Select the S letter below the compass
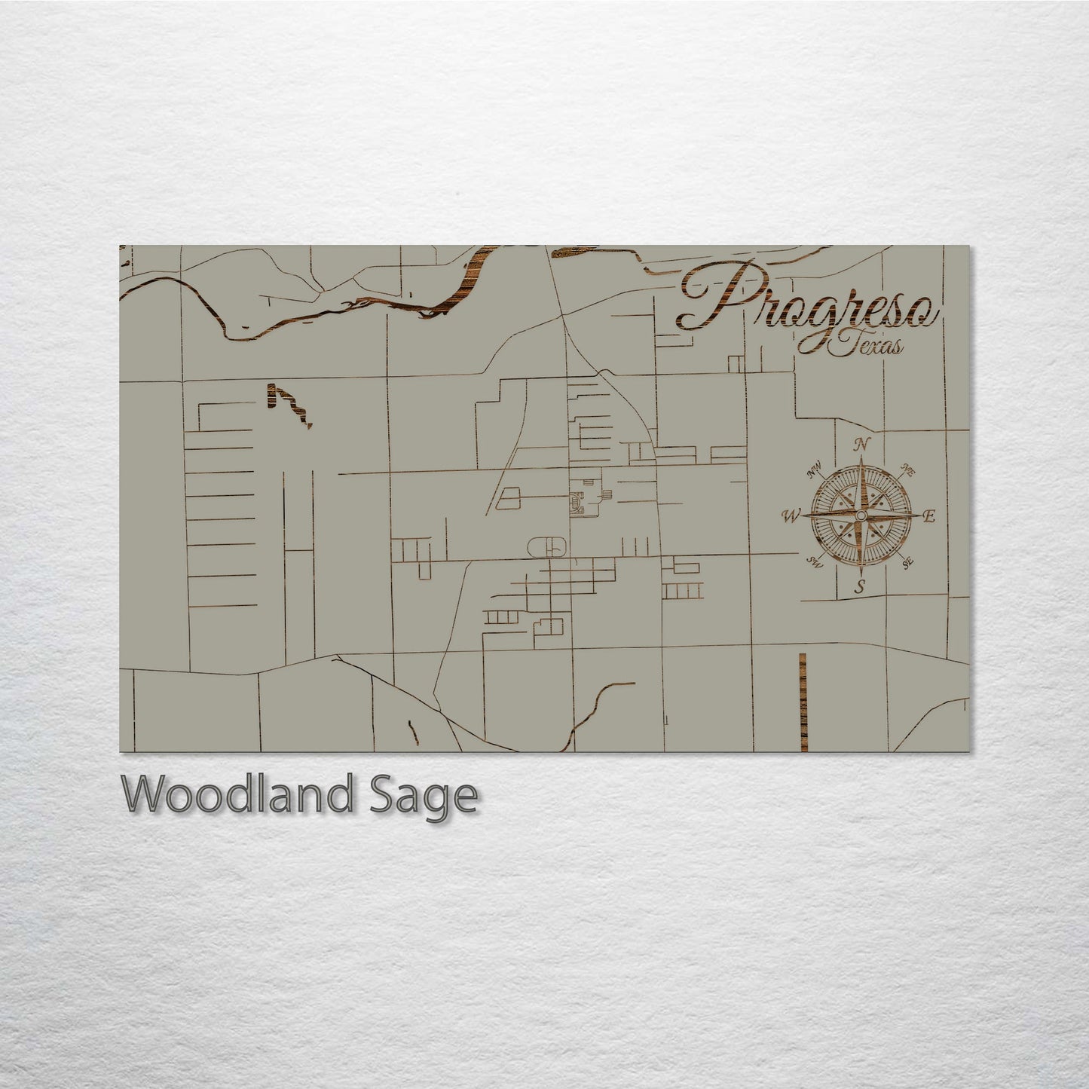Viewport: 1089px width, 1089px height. [858, 588]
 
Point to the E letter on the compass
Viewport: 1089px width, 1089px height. [928, 516]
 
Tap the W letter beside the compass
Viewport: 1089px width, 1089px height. [791, 516]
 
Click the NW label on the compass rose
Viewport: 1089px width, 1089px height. [814, 473]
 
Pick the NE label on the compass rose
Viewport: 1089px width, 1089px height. [907, 472]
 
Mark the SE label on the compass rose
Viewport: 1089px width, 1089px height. [907, 561]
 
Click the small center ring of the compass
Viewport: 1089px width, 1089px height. [861, 515]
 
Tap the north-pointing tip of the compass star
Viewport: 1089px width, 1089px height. [861, 457]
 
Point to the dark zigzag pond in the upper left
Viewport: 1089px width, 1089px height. [290, 403]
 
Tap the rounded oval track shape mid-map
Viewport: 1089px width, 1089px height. [548, 546]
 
